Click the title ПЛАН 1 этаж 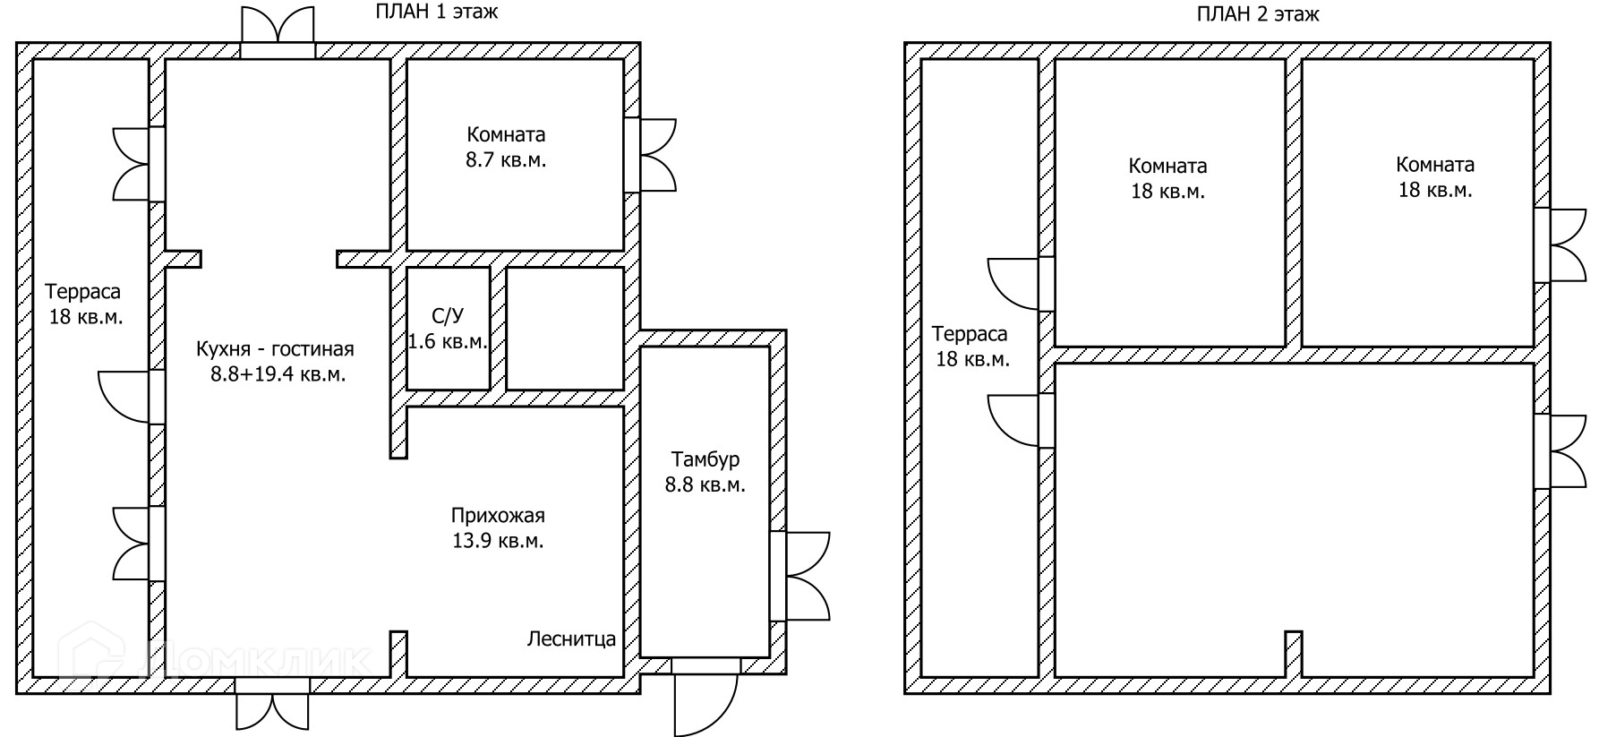point(435,13)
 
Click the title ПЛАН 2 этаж point(1258,14)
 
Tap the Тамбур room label point(705,460)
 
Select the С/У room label point(448,316)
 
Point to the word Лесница point(571,639)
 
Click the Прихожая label point(498,516)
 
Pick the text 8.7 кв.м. point(506,160)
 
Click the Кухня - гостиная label point(276,349)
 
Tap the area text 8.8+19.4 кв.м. point(278,374)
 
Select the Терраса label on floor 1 point(83,292)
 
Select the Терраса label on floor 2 point(970,334)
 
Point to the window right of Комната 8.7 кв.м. point(652,154)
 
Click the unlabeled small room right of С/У point(564,329)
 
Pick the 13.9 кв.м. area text point(498,541)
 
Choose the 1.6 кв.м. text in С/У point(448,341)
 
